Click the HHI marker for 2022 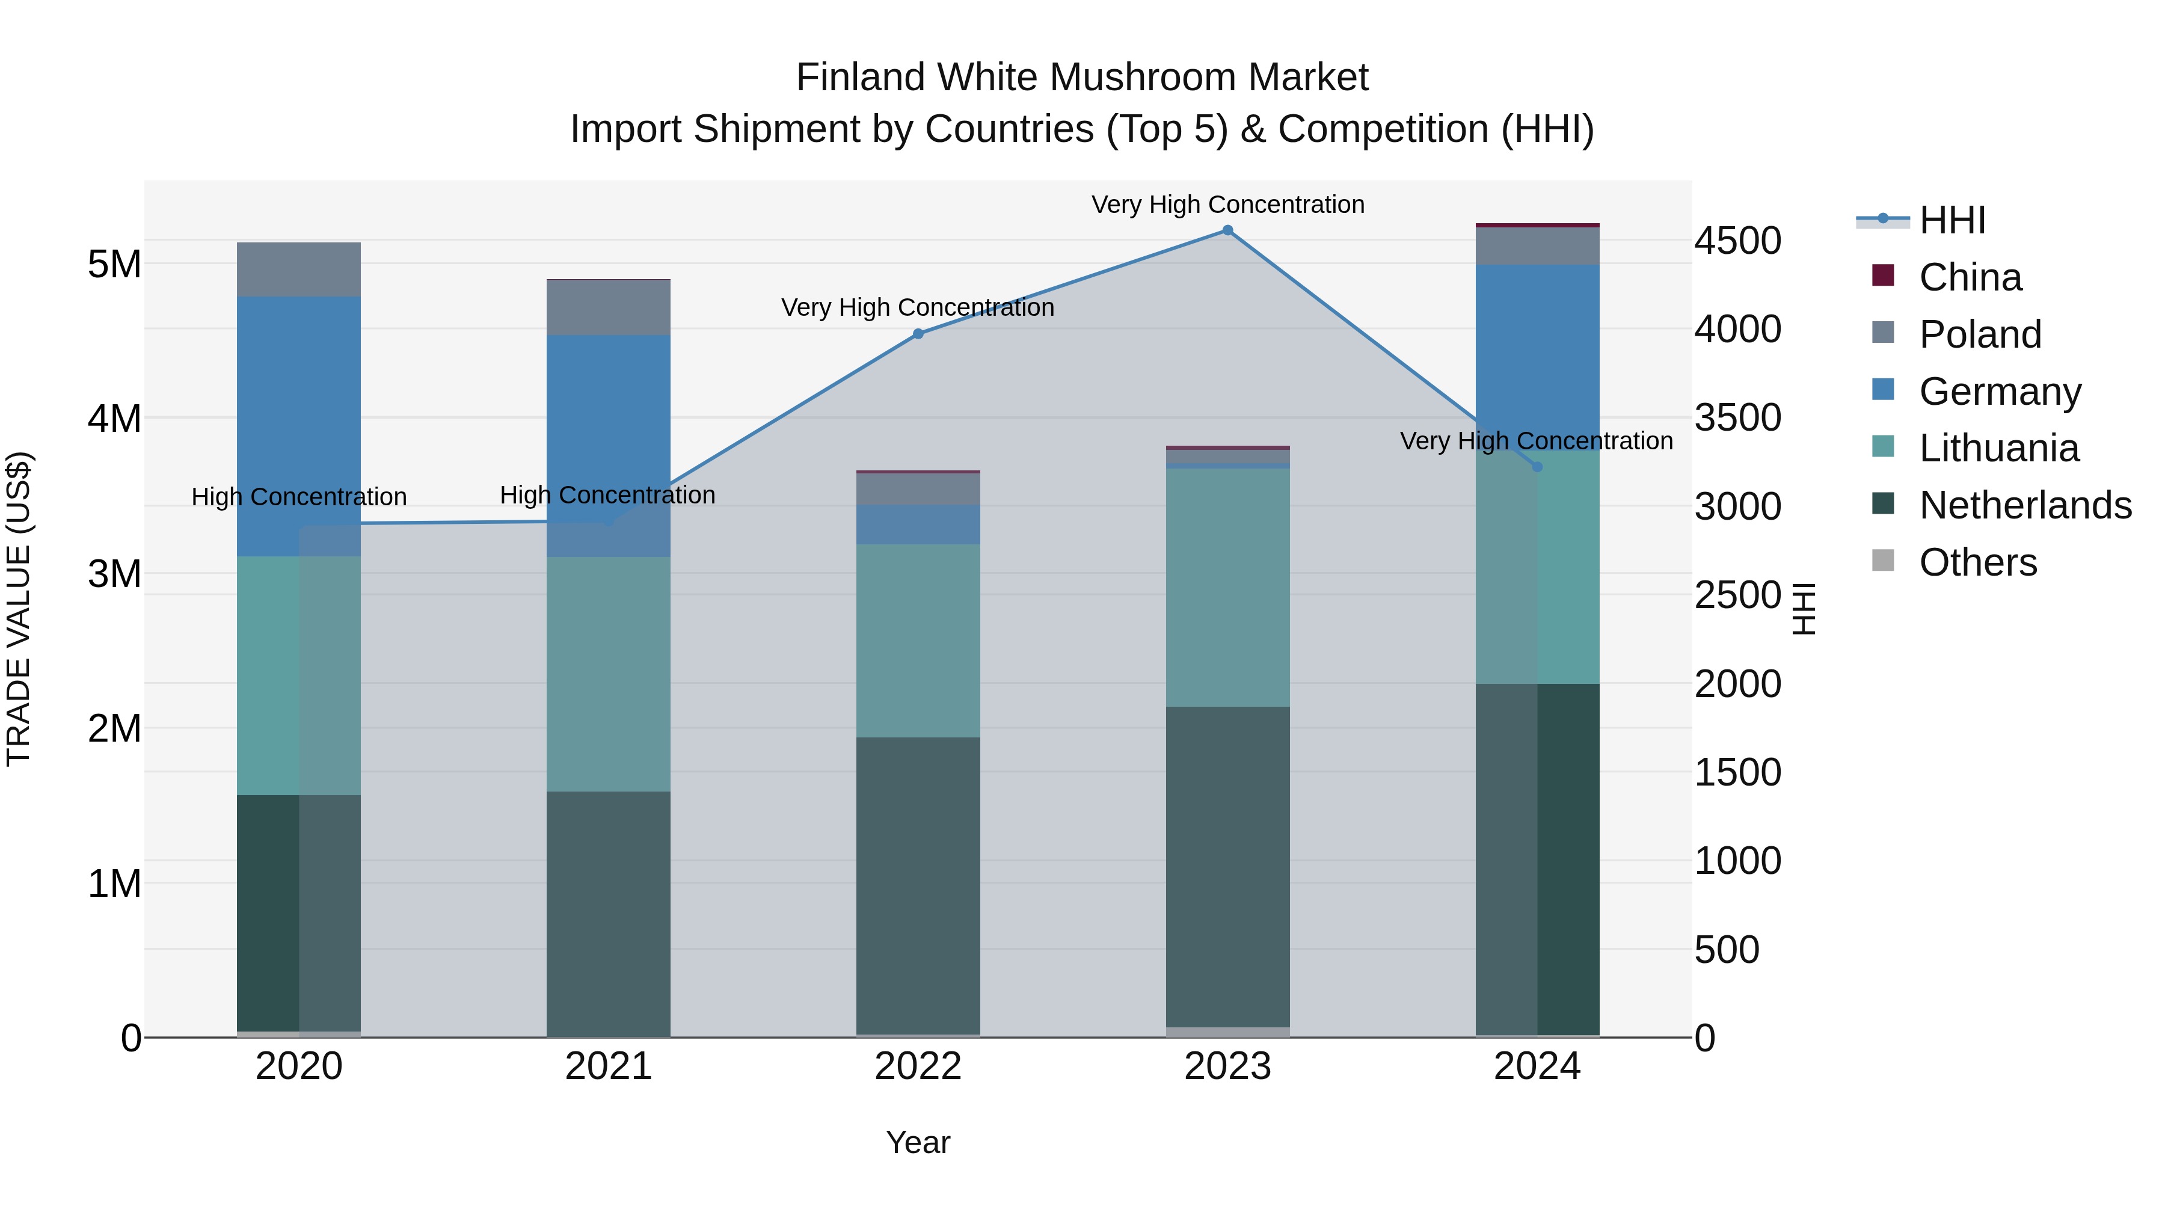pyautogui.click(x=918, y=334)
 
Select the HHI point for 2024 pyautogui.click(x=1537, y=467)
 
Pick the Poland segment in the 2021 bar pyautogui.click(x=609, y=307)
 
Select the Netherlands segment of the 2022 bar pyautogui.click(x=918, y=886)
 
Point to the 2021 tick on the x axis pyautogui.click(x=609, y=1066)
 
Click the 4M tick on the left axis pyautogui.click(x=114, y=419)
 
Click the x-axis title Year pyautogui.click(x=918, y=1142)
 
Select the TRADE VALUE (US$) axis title pyautogui.click(x=19, y=609)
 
